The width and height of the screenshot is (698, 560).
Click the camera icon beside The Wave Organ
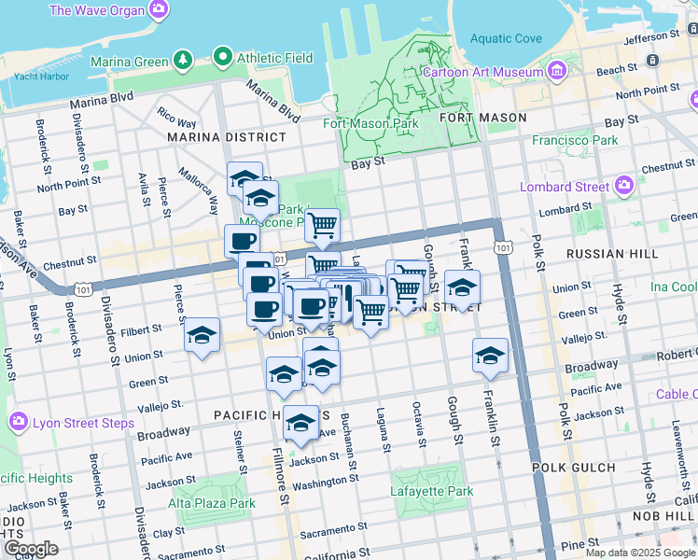click(x=159, y=9)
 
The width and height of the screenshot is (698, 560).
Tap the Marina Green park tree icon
click(x=184, y=61)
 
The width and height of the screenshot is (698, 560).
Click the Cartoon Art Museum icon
click(x=558, y=71)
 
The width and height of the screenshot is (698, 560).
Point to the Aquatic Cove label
click(x=506, y=38)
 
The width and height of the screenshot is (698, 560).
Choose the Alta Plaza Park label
click(x=212, y=503)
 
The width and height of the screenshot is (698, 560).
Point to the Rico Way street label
click(x=176, y=118)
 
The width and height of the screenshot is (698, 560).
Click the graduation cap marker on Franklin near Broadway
click(x=490, y=355)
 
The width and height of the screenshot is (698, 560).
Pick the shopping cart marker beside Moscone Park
click(x=322, y=224)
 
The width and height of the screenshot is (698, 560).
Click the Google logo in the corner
click(x=31, y=549)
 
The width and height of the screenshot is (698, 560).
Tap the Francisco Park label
click(x=575, y=140)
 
